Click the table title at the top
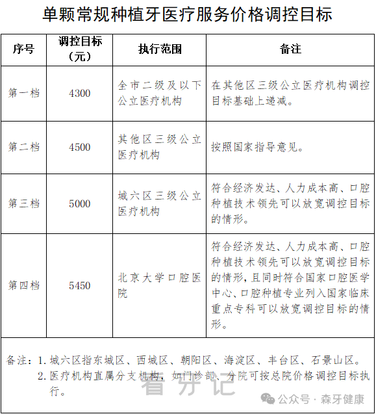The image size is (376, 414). pos(187,14)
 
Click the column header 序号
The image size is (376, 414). pos(24,49)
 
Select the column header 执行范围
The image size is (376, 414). pos(160,49)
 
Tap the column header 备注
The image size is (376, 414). pos(290,49)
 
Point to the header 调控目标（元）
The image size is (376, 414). pos(80,49)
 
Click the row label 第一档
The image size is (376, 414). pos(24,93)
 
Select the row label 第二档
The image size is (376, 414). pos(24,147)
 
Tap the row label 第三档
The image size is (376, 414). pos(24,203)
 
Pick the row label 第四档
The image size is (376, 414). pos(24,285)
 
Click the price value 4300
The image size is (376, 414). pos(80,93)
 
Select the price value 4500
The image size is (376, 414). pos(80,147)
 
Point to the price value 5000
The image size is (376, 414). pos(80,203)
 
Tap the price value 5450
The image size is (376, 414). pos(80,285)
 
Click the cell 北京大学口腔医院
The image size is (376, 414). pos(160,285)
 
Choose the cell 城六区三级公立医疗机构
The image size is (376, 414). pos(160,203)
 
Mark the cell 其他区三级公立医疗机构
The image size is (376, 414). pos(160,147)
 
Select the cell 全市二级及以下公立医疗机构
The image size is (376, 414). pos(160,93)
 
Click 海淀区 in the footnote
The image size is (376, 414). pos(239,359)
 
